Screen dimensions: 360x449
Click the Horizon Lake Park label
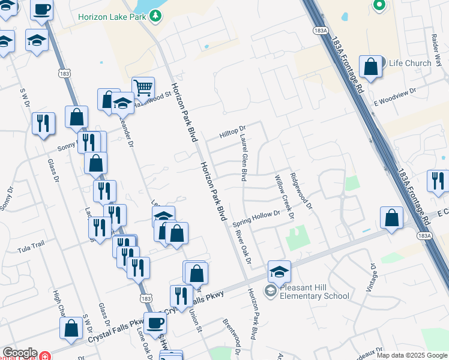point(112,16)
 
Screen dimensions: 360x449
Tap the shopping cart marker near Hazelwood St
point(143,88)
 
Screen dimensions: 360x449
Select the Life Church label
point(410,63)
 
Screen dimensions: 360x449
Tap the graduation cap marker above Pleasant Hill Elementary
point(279,271)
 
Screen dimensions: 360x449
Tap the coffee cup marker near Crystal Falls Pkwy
point(155,323)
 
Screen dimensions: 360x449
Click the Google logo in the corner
point(19,353)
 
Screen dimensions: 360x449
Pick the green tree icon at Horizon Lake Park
point(155,16)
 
